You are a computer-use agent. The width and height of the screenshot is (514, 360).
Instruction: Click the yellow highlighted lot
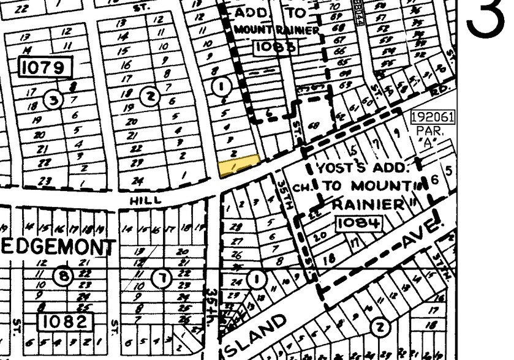pyautogui.click(x=238, y=165)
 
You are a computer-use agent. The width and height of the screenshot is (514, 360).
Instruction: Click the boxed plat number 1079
pyautogui.click(x=45, y=68)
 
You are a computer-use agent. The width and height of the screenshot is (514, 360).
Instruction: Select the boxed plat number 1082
pyautogui.click(x=65, y=320)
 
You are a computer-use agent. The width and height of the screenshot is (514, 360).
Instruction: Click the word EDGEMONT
pyautogui.click(x=58, y=247)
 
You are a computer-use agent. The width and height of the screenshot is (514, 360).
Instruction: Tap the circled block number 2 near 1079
pyautogui.click(x=149, y=96)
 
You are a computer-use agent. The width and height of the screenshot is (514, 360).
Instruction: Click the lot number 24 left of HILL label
pyautogui.click(x=137, y=181)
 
